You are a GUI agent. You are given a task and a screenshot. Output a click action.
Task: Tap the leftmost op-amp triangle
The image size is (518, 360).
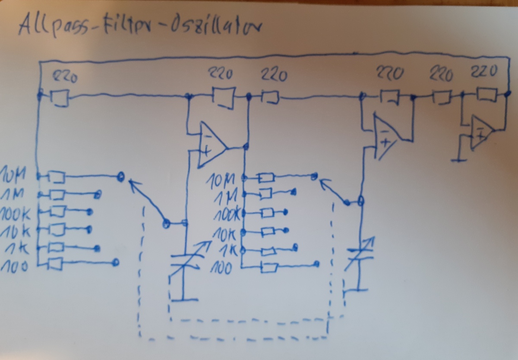[212, 145]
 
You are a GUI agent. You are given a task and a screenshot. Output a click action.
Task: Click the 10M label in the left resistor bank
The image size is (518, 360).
[15, 175]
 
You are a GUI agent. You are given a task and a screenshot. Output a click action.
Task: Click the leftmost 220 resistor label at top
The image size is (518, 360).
[65, 78]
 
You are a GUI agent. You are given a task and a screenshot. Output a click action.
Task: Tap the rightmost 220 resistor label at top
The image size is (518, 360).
[485, 72]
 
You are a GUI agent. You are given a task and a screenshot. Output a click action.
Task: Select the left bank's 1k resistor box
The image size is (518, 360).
[56, 247]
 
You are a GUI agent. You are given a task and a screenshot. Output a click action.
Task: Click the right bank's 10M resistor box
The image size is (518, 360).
[265, 177]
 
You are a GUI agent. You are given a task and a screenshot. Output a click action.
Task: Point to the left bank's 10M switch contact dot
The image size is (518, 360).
[121, 176]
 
